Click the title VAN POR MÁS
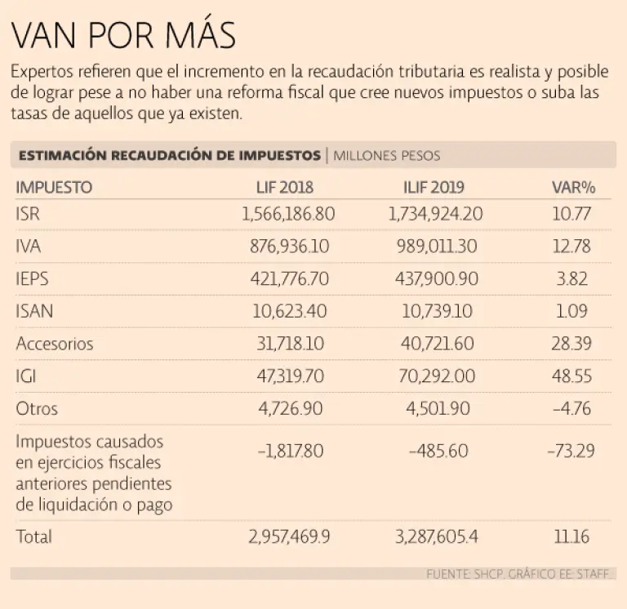123,36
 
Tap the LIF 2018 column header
285,187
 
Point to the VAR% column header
573,187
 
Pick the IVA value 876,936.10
290,247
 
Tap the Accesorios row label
55,344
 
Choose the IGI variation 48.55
571,376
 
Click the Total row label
33,536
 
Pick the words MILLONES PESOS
387,155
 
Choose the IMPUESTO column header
54,187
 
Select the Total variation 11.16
571,536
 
